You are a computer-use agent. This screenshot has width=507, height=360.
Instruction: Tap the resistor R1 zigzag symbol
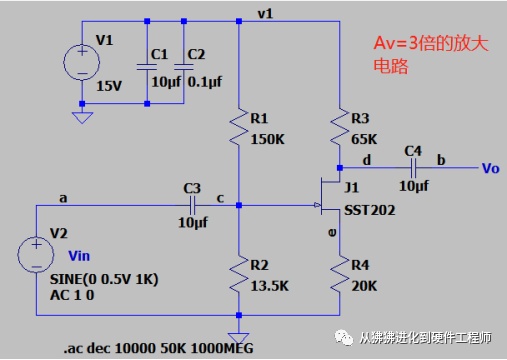pos(239,126)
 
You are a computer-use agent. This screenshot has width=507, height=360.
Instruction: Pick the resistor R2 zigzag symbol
pos(239,274)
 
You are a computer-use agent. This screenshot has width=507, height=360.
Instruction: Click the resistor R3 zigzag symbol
pos(339,126)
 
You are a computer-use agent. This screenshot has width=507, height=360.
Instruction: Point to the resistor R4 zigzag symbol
pos(339,274)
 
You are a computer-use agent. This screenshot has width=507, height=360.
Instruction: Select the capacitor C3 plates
pos(192,205)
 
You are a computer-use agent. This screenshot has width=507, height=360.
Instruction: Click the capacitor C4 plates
pos(413,168)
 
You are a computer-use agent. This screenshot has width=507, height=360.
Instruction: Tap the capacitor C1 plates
pos(147,67)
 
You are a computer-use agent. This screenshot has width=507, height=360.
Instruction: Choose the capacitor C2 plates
pos(184,67)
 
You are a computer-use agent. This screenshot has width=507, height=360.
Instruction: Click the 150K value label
pos(268,139)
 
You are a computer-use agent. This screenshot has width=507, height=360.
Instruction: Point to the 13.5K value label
pos(270,286)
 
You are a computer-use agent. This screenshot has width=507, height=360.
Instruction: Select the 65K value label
pos(364,139)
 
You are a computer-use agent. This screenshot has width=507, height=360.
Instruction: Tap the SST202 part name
pos(370,210)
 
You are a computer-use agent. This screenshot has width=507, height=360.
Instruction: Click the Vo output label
pos(491,169)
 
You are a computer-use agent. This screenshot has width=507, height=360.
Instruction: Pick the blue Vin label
pos(79,256)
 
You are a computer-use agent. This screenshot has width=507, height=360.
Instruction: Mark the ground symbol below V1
pos(82,118)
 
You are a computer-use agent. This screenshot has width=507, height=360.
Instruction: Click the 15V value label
pos(109,86)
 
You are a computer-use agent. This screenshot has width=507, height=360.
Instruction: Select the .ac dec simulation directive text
pos(158,348)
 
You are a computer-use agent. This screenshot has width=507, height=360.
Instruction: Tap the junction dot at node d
pos(340,168)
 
